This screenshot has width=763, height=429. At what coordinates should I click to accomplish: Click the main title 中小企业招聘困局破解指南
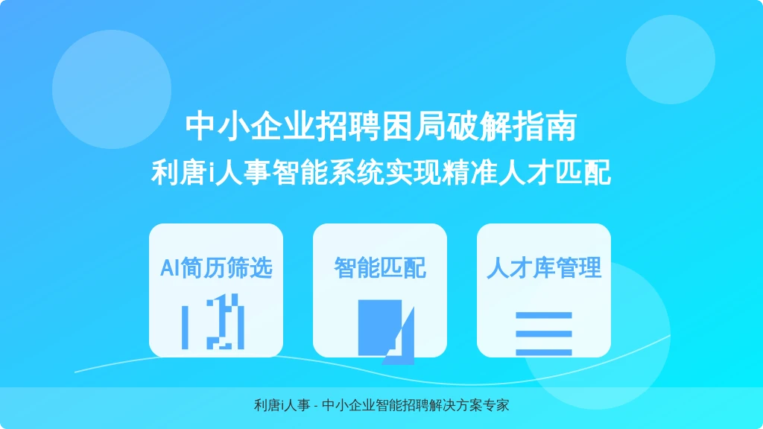(x=381, y=127)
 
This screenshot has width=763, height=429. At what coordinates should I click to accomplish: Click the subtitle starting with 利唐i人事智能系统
(x=381, y=172)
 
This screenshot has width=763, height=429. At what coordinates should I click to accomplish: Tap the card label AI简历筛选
(x=216, y=268)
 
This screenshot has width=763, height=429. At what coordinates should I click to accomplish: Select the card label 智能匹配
(x=380, y=268)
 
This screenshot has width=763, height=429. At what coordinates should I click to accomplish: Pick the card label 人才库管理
(x=544, y=268)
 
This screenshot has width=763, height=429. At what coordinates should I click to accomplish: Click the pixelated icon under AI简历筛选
(x=212, y=322)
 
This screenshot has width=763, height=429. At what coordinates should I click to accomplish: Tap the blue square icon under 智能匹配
(x=379, y=328)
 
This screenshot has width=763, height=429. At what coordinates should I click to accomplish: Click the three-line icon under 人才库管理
(x=543, y=334)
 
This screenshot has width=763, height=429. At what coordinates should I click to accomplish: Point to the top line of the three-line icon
(x=543, y=315)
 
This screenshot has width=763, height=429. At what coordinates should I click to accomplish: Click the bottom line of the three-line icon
(x=543, y=352)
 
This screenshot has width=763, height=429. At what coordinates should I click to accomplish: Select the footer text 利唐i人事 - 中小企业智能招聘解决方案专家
(x=381, y=405)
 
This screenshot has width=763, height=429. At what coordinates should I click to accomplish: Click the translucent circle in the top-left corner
(x=112, y=89)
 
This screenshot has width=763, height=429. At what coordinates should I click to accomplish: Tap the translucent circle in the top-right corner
(x=671, y=60)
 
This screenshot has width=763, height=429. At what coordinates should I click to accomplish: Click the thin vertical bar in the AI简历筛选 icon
(x=185, y=328)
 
